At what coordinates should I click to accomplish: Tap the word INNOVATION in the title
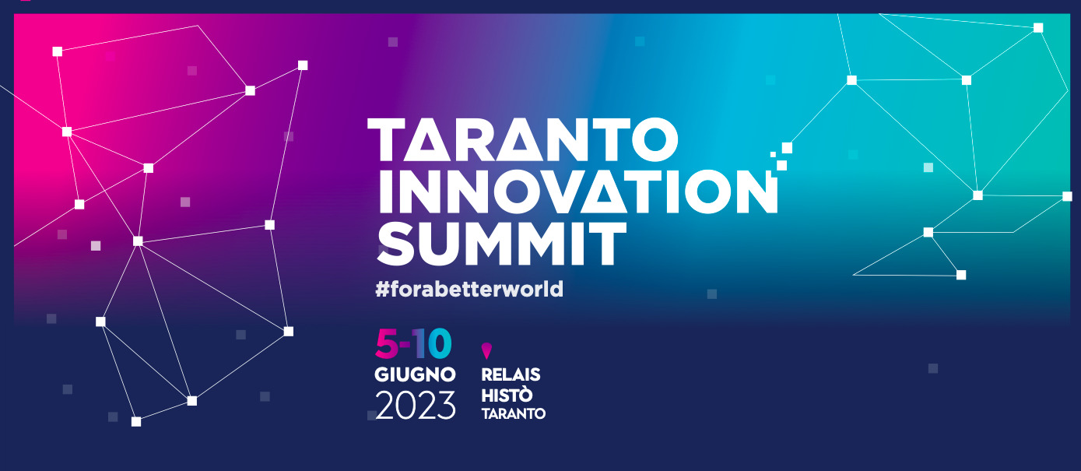click(x=578, y=192)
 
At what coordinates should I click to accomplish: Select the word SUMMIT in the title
click(x=501, y=244)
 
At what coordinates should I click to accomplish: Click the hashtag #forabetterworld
click(x=469, y=289)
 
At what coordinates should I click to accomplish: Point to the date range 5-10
click(x=413, y=344)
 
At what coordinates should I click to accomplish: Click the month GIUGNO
click(x=415, y=374)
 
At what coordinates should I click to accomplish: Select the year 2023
click(x=416, y=405)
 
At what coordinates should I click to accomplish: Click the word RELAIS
click(x=511, y=374)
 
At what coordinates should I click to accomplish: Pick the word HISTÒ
click(x=507, y=395)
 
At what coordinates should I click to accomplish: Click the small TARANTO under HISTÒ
click(x=514, y=413)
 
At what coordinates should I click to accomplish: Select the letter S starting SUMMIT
click(x=395, y=244)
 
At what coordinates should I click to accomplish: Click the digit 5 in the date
click(x=387, y=344)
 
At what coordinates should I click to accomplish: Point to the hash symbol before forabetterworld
click(x=382, y=290)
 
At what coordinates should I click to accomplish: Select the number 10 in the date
click(x=433, y=344)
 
